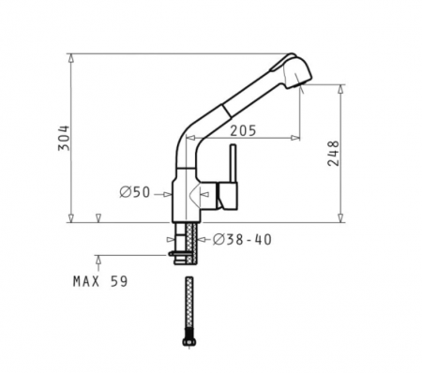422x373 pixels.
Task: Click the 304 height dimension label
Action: [x=64, y=138]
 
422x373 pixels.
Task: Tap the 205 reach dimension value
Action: [x=243, y=130]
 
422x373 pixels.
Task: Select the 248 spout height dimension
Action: [x=333, y=154]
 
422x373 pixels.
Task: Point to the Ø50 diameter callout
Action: [x=135, y=192]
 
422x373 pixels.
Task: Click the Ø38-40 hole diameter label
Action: [x=242, y=240]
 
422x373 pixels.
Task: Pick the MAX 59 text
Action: [x=100, y=281]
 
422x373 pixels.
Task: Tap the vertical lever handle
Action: [x=234, y=164]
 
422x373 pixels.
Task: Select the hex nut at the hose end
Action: [x=189, y=341]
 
